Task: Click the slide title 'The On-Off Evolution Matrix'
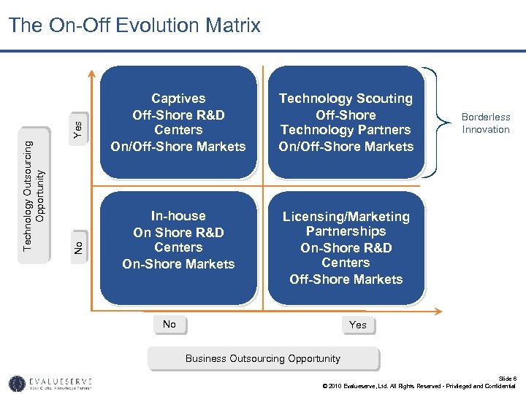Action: (134, 26)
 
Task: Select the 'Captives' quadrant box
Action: (178, 123)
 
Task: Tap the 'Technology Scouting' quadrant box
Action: (346, 123)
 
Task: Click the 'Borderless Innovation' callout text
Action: (485, 123)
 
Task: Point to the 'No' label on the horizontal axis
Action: (169, 325)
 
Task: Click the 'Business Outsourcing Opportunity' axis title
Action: (263, 359)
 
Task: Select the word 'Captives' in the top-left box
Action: (178, 98)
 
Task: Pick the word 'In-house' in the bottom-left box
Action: (178, 216)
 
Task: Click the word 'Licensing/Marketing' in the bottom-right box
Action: (346, 217)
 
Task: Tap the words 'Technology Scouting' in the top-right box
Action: (346, 98)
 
